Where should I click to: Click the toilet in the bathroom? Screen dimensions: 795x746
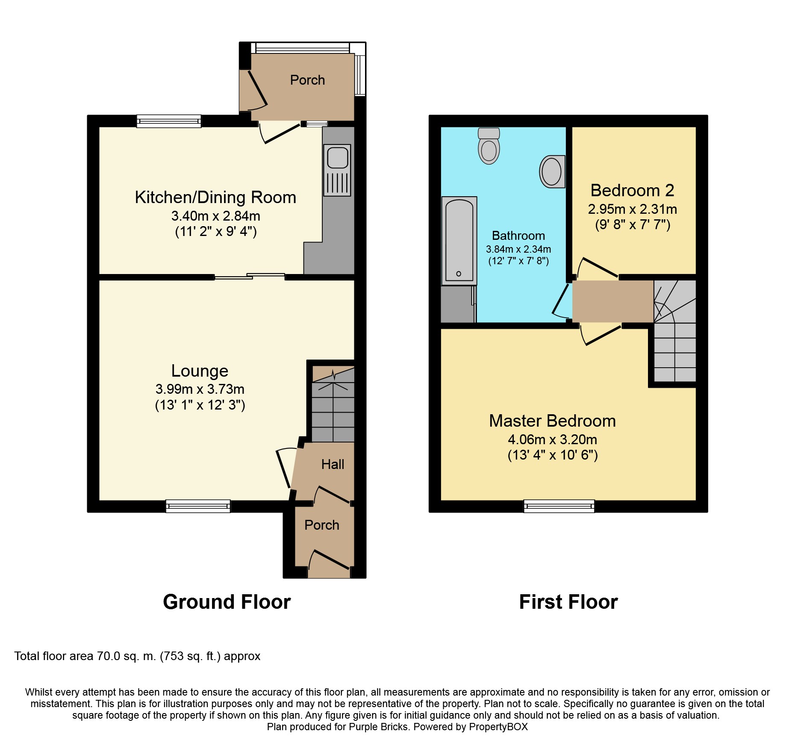coord(489,146)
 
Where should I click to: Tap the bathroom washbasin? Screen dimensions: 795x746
coord(552,171)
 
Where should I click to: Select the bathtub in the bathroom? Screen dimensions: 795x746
coord(459,241)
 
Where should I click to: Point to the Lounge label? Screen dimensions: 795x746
coord(200,371)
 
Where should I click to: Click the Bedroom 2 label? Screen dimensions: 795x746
coord(632,190)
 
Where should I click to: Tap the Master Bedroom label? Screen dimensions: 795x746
coord(552,421)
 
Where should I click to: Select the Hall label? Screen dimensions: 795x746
coord(333,464)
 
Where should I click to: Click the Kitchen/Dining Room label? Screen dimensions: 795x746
coord(215,197)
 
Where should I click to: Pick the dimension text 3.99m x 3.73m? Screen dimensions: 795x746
coord(200,389)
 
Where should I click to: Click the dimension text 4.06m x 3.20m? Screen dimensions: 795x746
coord(552,439)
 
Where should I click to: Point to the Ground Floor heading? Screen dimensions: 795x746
coord(227,602)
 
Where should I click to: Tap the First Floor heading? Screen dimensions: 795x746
coord(568,602)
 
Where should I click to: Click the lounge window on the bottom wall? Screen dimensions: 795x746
coord(198,506)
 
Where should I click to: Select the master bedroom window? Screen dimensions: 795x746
coord(559,506)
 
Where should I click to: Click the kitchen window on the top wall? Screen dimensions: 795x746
coord(169,121)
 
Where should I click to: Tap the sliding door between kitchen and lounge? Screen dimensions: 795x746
coord(250,276)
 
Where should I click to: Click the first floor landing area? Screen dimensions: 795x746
coord(612,301)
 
